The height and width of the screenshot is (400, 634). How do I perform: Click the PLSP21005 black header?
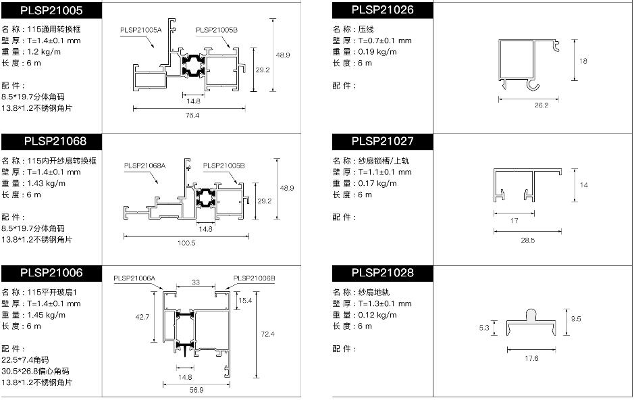click(51, 11)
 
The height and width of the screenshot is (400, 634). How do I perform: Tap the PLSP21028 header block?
click(383, 273)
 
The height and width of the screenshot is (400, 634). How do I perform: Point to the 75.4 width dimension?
click(192, 116)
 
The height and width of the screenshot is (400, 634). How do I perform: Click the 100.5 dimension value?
click(186, 243)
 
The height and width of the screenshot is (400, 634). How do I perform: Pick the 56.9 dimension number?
click(196, 390)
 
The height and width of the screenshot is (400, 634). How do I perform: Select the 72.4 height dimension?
click(267, 334)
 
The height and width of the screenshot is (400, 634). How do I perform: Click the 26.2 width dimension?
click(541, 105)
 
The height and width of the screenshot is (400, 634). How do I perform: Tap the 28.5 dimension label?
click(528, 241)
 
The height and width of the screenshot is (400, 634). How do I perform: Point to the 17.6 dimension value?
click(531, 358)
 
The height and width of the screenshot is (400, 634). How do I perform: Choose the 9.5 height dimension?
click(576, 319)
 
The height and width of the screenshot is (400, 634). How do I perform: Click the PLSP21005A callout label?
click(140, 30)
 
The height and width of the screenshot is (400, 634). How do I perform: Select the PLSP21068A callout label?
click(144, 166)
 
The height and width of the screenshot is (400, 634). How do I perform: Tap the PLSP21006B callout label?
click(255, 278)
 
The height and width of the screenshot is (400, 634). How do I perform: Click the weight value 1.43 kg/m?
click(46, 183)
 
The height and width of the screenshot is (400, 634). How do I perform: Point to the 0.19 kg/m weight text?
click(377, 52)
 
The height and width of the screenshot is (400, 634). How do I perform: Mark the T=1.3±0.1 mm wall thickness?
click(385, 303)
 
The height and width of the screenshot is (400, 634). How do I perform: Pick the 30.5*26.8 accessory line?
click(35, 372)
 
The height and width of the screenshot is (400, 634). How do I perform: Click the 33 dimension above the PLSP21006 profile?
click(196, 282)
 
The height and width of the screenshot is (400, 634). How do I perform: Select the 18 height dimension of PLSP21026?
click(583, 61)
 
